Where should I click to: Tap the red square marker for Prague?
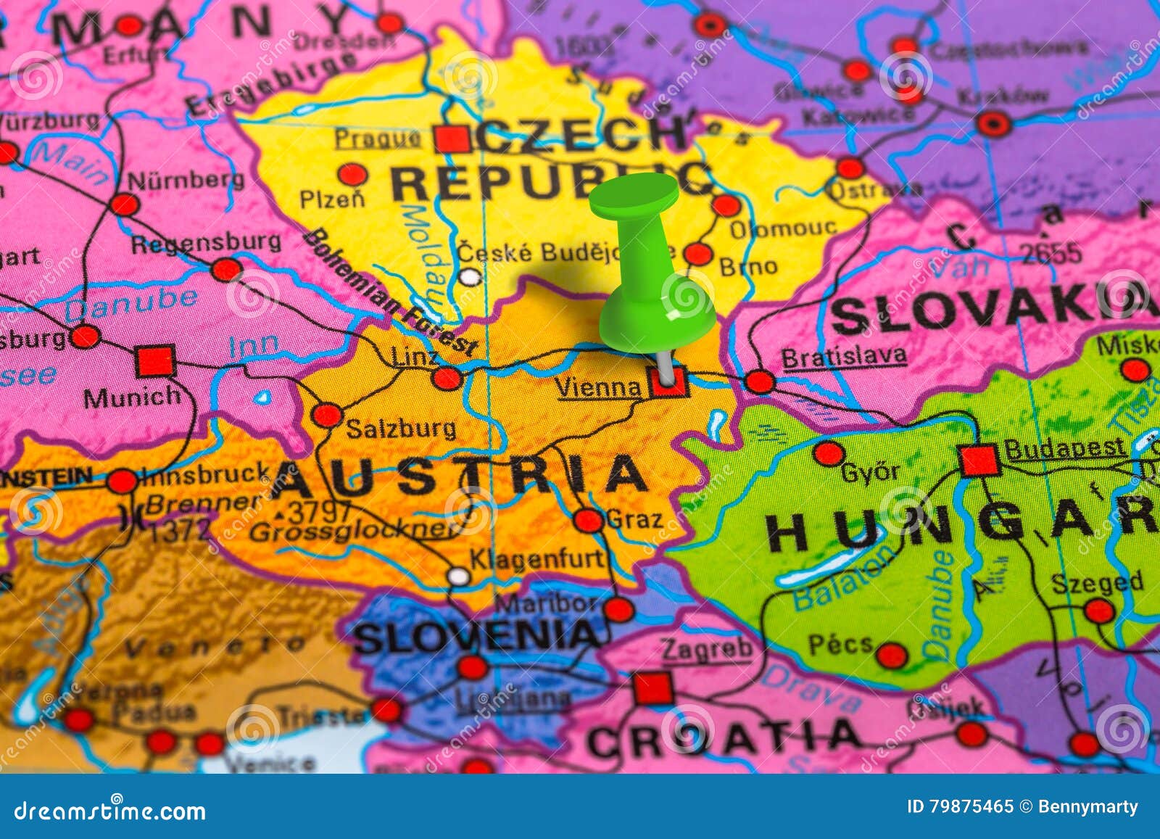(452, 138)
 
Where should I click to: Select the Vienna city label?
(599, 388)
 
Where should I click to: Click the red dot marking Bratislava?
(760, 381)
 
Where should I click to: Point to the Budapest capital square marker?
(979, 460)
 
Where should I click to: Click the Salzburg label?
(401, 429)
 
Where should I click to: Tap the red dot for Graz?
(588, 520)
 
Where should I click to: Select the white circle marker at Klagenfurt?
(458, 576)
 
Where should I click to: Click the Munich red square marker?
(156, 360)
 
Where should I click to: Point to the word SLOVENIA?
(477, 637)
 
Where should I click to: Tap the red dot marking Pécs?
(891, 655)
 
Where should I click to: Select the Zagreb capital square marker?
(652, 688)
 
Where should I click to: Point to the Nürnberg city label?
(186, 179)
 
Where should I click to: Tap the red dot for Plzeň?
(353, 175)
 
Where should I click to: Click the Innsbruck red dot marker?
(123, 482)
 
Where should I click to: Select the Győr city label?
(870, 473)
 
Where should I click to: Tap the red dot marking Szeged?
(1099, 611)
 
